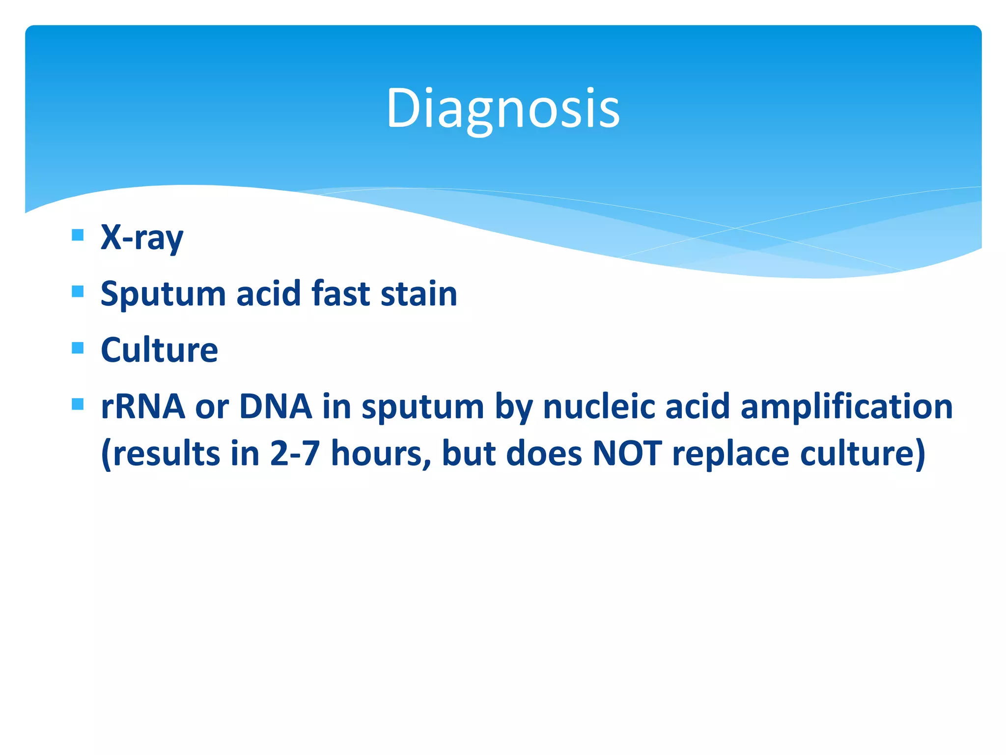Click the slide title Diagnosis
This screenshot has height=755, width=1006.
click(503, 108)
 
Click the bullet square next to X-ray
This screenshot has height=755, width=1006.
click(78, 234)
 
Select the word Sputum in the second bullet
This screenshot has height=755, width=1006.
click(163, 294)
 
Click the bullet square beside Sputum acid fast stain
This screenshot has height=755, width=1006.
click(78, 291)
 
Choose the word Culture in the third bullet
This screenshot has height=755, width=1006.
click(159, 350)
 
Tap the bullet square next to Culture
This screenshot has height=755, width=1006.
click(78, 348)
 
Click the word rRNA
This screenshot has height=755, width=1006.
click(143, 407)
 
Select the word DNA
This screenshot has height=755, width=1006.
click(276, 407)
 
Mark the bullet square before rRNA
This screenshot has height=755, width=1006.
click(78, 405)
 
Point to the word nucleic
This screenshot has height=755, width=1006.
click(598, 407)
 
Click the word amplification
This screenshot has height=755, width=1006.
click(846, 407)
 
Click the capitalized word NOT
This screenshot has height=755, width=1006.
click(627, 453)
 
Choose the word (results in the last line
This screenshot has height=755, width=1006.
click(160, 453)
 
